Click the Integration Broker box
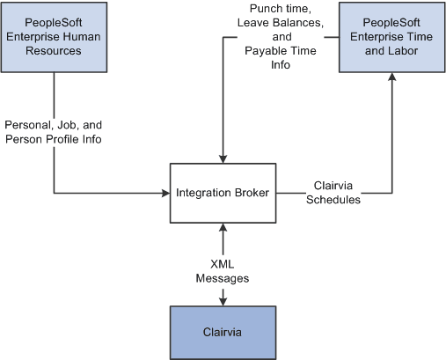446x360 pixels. point(224,192)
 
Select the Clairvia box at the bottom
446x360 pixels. point(223,334)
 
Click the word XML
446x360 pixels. point(223,263)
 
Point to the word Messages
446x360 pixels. point(223,277)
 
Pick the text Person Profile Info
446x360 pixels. point(55,138)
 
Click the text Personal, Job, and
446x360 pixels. point(55,124)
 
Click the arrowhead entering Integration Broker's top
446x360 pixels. point(223,159)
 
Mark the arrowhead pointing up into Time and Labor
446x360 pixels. point(392,77)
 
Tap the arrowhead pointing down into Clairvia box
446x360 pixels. point(223,302)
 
